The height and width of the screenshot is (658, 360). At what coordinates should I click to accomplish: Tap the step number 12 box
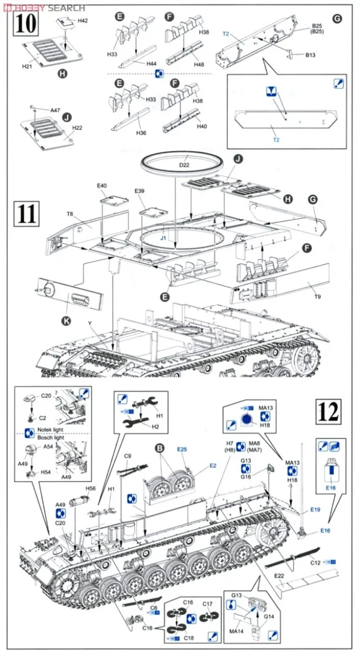tap(328, 413)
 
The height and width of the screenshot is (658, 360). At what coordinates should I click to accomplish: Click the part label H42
tap(83, 20)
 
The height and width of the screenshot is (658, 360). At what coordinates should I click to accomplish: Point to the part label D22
tap(185, 165)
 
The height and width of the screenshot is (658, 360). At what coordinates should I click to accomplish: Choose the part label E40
tap(101, 186)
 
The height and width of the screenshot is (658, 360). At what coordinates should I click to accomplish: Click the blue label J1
tap(163, 238)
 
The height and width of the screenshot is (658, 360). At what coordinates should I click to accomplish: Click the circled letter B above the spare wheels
tap(159, 449)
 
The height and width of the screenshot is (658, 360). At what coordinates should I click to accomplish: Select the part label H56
tap(90, 489)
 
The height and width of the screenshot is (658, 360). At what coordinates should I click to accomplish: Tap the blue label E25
tap(182, 449)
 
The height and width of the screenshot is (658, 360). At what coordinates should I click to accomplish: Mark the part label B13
tap(310, 55)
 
